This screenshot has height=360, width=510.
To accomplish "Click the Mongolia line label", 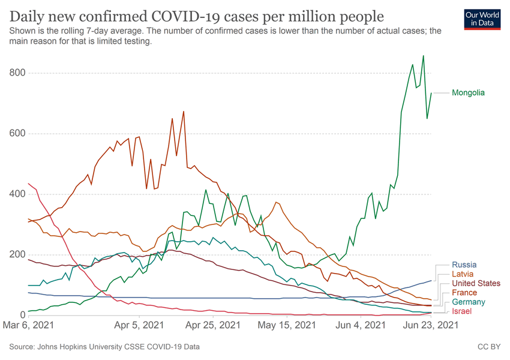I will [x=468, y=93].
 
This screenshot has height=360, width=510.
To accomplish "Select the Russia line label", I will [x=464, y=265].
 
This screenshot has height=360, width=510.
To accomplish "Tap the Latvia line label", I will [x=464, y=274].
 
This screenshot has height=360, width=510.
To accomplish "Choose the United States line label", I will [x=476, y=284].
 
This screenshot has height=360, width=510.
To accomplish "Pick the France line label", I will [x=465, y=293].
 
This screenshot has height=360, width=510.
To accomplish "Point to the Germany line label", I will [x=469, y=302].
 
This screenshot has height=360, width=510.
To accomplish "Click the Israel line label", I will [x=462, y=311].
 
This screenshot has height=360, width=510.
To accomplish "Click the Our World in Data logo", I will [x=482, y=19].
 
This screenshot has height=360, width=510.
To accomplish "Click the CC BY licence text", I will [x=488, y=347].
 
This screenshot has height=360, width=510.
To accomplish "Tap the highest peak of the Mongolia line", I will [x=424, y=56].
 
